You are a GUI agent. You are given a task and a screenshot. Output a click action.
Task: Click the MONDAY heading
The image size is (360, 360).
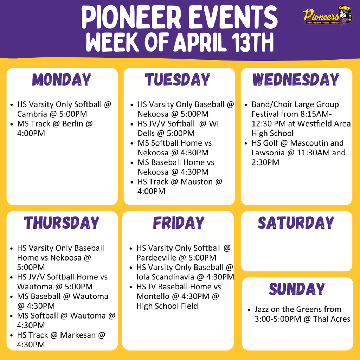pos(62,80)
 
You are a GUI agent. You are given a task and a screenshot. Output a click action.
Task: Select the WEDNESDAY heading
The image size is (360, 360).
pos(296,80)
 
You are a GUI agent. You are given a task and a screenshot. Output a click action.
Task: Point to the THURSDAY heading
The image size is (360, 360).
pos(62,223)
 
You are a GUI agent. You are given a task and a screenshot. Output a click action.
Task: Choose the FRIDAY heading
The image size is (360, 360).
pos(178,223)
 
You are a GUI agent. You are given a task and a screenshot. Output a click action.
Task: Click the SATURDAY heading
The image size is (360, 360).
pos(296,223)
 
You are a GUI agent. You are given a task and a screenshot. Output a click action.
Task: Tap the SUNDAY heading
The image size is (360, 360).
pos(297,289)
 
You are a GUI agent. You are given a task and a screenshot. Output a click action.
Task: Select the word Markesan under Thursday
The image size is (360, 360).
pos(78,335)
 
